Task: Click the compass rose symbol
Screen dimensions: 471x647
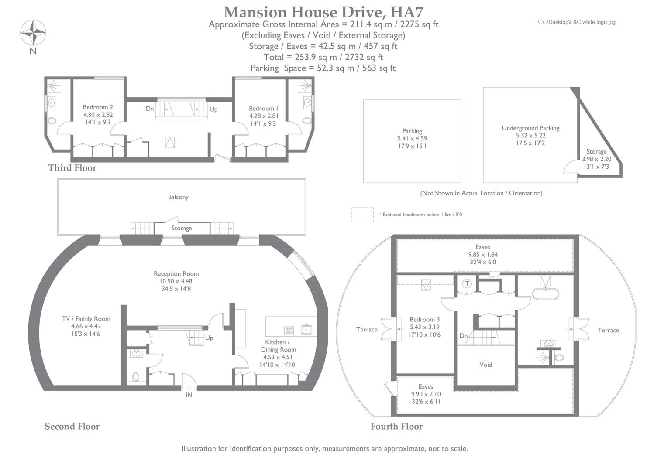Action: click(33, 32)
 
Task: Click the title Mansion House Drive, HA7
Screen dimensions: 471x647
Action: click(323, 12)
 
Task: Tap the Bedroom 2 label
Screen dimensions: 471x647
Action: click(98, 107)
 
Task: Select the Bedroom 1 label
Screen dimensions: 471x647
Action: click(264, 108)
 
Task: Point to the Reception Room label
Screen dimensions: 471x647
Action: click(176, 273)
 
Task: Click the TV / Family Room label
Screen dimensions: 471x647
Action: click(86, 318)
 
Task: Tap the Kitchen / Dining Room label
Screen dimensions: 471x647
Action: click(278, 345)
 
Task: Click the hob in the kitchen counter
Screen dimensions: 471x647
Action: click(289, 330)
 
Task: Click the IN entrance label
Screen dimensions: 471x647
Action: click(189, 395)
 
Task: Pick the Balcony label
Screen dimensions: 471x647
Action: click(178, 197)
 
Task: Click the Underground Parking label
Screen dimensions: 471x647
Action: click(530, 128)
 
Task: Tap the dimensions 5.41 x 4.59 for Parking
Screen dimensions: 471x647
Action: click(412, 139)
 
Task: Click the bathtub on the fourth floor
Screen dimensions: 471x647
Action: click(545, 294)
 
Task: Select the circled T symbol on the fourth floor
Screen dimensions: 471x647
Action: click(467, 284)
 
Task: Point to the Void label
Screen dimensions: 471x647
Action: click(485, 365)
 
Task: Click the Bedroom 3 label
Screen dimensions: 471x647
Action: click(424, 319)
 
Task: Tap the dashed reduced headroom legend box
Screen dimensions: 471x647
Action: click(362, 215)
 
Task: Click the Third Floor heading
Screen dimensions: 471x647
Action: click(72, 168)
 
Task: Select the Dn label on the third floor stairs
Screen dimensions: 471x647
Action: click(150, 109)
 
